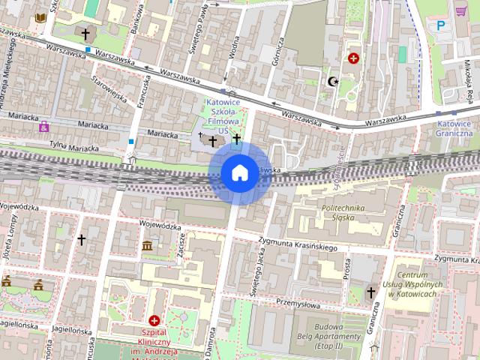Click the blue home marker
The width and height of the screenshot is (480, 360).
point(239,172)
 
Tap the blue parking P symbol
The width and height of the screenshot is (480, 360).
point(440,26)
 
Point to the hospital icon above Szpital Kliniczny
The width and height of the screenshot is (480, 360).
point(154,320)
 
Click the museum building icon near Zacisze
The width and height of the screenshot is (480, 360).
point(147,246)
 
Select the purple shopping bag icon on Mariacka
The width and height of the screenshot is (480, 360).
point(44,126)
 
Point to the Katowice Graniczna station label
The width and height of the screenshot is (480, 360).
point(455,128)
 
